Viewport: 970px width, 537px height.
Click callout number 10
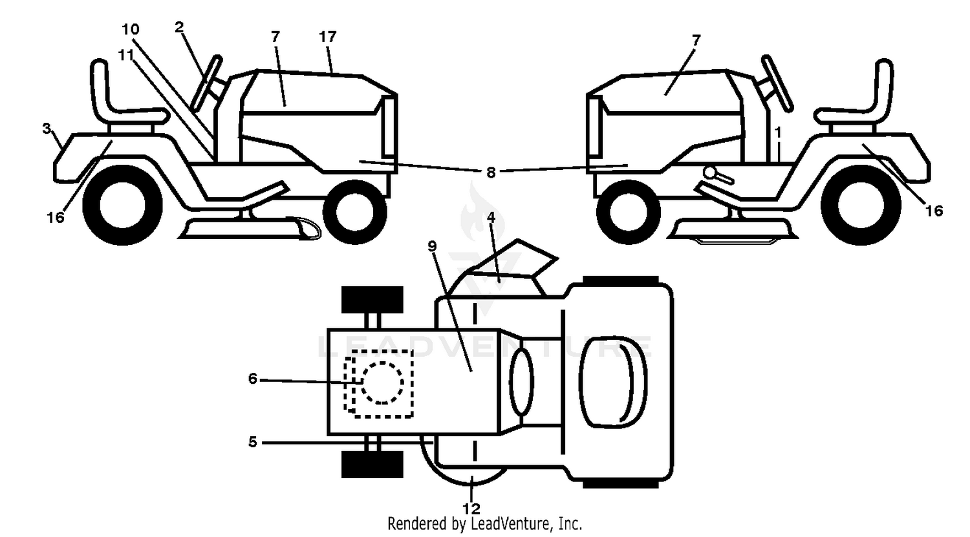tap(131, 30)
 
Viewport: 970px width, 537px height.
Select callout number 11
tap(127, 55)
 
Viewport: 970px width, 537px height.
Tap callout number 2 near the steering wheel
tap(179, 27)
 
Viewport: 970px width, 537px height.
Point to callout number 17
tap(328, 37)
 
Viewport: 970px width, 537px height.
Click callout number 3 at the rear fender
tap(47, 129)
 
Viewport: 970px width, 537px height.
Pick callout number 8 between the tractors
tap(491, 173)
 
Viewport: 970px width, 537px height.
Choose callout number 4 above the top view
tap(491, 217)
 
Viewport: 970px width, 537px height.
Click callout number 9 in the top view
tap(432, 246)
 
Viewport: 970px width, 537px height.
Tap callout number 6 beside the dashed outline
tap(253, 379)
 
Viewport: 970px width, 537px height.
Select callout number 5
tap(253, 442)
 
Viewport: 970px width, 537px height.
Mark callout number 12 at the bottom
tap(471, 508)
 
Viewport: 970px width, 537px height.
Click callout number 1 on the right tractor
tap(778, 132)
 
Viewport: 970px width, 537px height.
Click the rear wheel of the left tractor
tap(122, 206)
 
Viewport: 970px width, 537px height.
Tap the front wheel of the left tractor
tap(354, 212)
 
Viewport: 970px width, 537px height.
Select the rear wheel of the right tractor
tap(861, 205)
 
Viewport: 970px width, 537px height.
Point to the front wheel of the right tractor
tap(629, 212)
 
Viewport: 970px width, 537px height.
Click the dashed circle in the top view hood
tap(382, 383)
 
